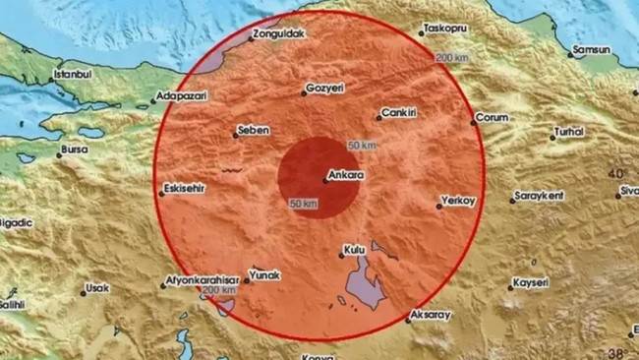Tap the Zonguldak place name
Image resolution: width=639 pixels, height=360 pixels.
[x=278, y=34]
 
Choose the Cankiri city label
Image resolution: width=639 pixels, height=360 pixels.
[x=401, y=112]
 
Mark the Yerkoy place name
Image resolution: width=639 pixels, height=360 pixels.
[x=459, y=201]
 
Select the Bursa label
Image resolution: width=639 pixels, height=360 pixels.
[x=74, y=150]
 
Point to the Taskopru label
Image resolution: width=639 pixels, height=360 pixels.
[x=447, y=29]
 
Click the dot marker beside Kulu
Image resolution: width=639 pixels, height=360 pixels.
[x=342, y=253]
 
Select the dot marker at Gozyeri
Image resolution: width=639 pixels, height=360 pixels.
[x=304, y=93]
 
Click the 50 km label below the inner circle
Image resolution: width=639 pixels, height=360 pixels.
[x=303, y=204]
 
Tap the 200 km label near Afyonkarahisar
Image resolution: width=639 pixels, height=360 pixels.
[x=218, y=291]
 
